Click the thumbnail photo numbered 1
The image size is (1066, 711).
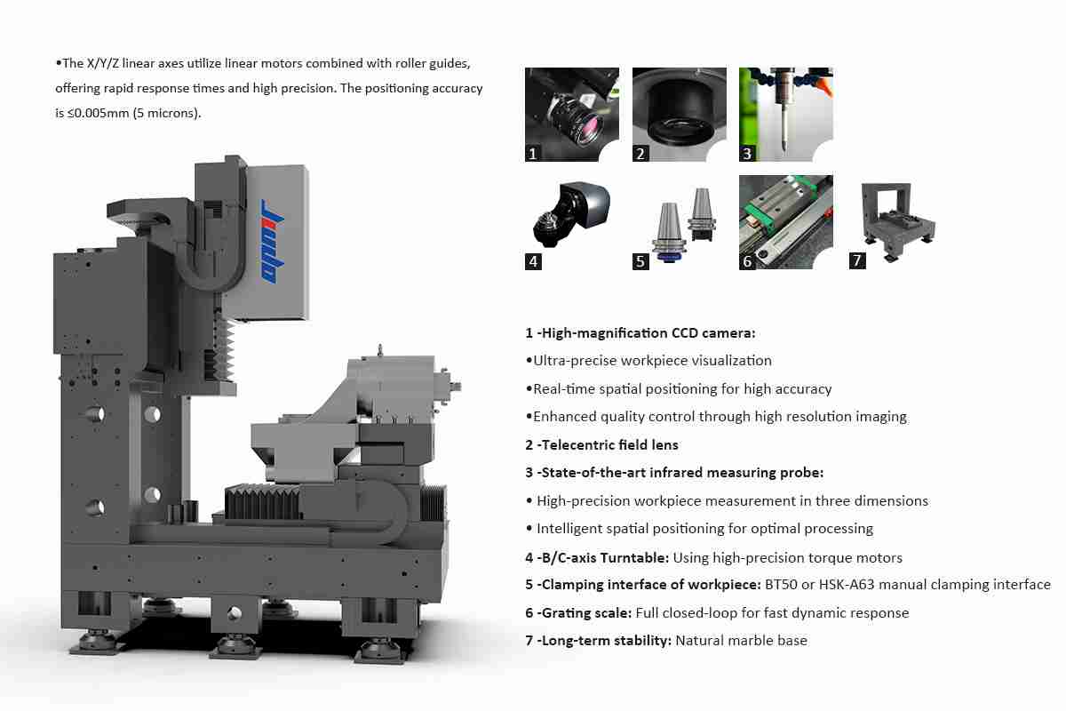pyautogui.click(x=571, y=115)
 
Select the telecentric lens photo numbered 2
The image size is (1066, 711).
pyautogui.click(x=679, y=115)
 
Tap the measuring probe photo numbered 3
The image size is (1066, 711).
pyautogui.click(x=785, y=115)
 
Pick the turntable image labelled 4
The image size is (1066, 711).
pyautogui.click(x=571, y=214)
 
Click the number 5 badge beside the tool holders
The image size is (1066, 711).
pyautogui.click(x=640, y=261)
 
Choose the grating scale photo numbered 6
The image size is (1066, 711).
pyautogui.click(x=785, y=222)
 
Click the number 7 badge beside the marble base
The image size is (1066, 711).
pyautogui.click(x=857, y=260)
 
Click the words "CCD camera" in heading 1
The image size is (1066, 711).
pyautogui.click(x=713, y=333)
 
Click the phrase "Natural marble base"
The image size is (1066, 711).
pyautogui.click(x=742, y=641)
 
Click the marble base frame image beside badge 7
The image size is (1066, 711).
pyautogui.click(x=898, y=221)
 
